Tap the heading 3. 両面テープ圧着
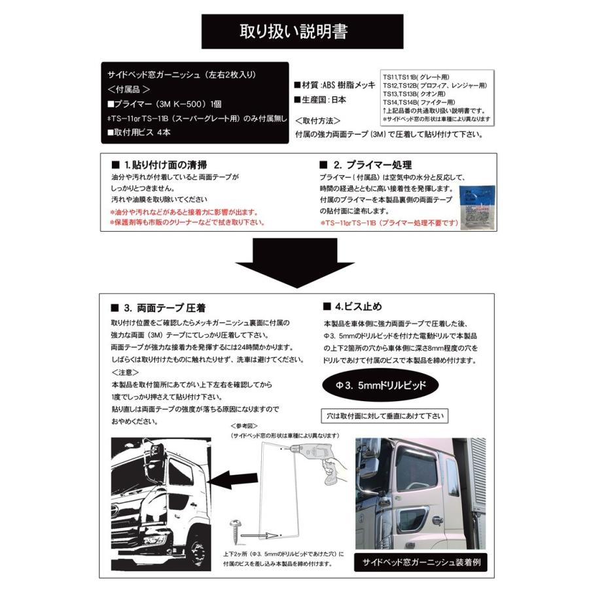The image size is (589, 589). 163,308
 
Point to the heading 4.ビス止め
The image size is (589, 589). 349,307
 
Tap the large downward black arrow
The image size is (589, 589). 295,262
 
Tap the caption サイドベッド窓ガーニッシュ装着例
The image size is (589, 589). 419,562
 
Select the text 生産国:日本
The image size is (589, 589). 321,100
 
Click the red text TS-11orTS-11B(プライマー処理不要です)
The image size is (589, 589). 389,223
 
